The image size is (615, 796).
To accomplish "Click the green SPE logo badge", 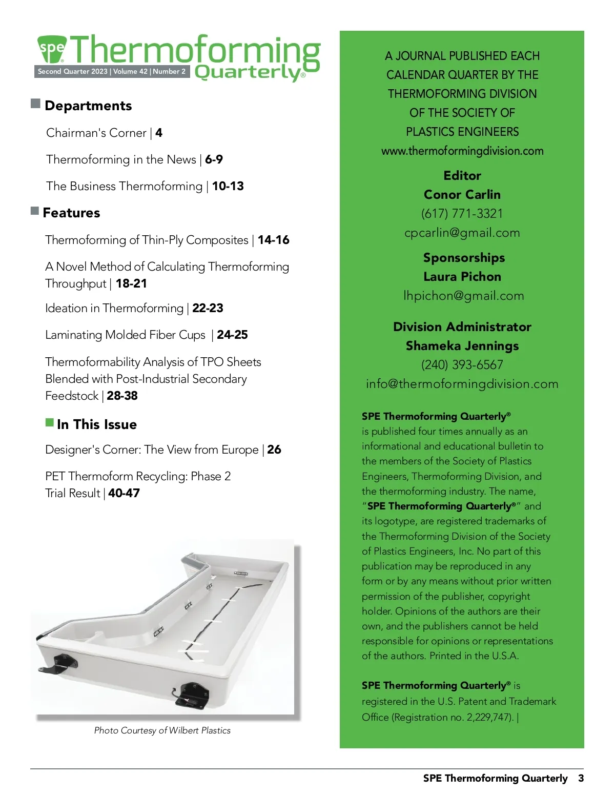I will coord(52,49).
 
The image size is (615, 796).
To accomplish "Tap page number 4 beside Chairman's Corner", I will coord(159,133).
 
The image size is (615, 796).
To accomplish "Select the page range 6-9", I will coord(214,159).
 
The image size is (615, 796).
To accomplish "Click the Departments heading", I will coord(88,106).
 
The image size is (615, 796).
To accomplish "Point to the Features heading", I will coord(71,213).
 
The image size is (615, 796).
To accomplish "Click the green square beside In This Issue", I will coord(50,422).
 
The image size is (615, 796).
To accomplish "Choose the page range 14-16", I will coord(273,240).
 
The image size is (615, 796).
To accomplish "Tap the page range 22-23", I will coord(208,308).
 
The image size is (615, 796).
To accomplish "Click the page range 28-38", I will coord(122,396).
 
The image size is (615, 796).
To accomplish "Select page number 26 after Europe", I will coord(274,450).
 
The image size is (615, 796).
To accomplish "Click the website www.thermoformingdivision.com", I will coord(462,151).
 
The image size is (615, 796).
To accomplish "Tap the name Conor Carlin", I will coord(462,194).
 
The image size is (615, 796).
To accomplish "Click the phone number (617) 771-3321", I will coord(462,213).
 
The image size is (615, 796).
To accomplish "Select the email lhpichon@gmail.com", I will coord(463,296).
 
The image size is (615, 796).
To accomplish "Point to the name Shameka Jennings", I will coord(462,346).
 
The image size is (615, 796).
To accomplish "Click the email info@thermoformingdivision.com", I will coord(462,384).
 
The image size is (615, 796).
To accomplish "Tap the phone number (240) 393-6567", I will coord(462,365).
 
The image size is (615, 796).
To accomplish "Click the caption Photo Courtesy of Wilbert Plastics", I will coord(162,730).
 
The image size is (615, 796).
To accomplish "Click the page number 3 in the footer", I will coord(581,778).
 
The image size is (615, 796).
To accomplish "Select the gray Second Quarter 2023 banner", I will coord(112,71).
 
